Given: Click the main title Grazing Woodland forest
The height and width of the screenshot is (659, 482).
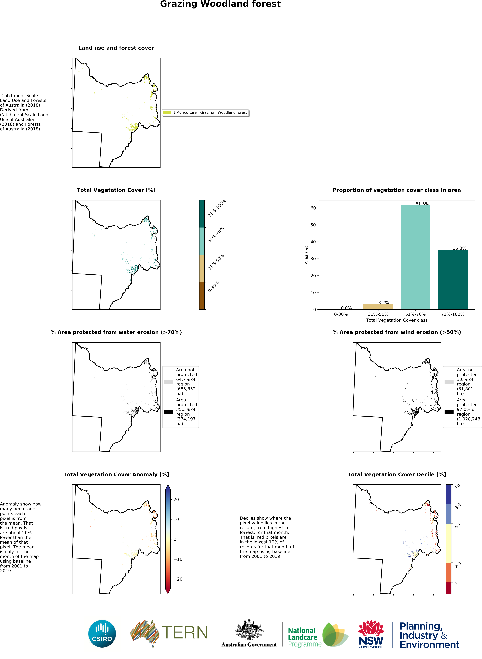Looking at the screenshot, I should pyautogui.click(x=220, y=4).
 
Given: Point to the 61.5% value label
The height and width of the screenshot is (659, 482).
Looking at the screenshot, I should pyautogui.click(x=422, y=204).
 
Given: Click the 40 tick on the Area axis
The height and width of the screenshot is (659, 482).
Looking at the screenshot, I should pyautogui.click(x=313, y=242).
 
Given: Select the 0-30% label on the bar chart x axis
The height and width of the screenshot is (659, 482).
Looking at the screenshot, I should pyautogui.click(x=341, y=314).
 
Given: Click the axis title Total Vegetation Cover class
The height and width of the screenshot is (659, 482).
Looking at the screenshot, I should pyautogui.click(x=396, y=320).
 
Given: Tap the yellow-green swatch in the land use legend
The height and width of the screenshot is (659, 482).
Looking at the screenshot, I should pyautogui.click(x=167, y=112).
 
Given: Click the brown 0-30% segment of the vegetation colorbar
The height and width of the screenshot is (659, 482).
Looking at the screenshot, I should pyautogui.click(x=202, y=296).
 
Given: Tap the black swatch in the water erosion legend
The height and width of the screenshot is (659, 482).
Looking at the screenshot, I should pyautogui.click(x=168, y=412).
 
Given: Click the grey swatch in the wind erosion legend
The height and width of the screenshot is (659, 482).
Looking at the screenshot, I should pyautogui.click(x=449, y=382).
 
